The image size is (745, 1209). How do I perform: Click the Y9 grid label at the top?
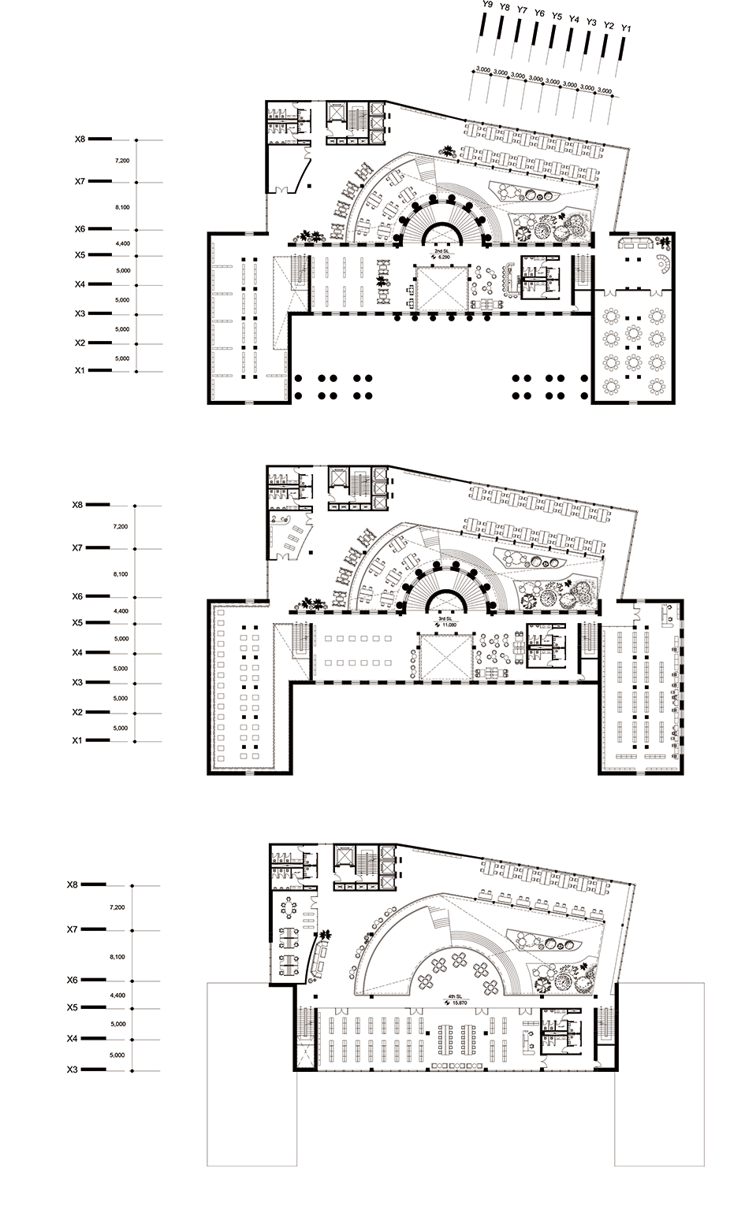(487, 6)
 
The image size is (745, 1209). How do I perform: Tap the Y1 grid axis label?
(627, 28)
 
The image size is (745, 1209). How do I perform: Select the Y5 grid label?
(557, 16)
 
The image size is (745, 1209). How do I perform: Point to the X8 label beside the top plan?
(80, 139)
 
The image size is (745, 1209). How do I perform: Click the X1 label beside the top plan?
(80, 370)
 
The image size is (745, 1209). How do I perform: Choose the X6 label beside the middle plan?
(76, 596)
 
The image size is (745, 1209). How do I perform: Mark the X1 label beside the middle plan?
(76, 740)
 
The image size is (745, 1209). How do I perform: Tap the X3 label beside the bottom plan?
(73, 1070)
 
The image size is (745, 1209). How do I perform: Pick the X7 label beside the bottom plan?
(73, 930)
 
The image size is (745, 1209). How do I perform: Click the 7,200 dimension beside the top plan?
(121, 161)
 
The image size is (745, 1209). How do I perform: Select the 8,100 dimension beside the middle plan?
(120, 575)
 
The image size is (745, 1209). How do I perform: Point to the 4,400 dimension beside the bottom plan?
(117, 996)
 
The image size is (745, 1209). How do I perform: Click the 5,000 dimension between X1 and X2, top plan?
(121, 358)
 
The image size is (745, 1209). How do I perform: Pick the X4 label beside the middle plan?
(76, 652)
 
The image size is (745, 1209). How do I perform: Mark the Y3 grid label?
(592, 22)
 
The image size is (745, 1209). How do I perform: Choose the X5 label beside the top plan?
(80, 255)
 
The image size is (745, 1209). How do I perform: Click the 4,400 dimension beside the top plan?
(121, 244)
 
